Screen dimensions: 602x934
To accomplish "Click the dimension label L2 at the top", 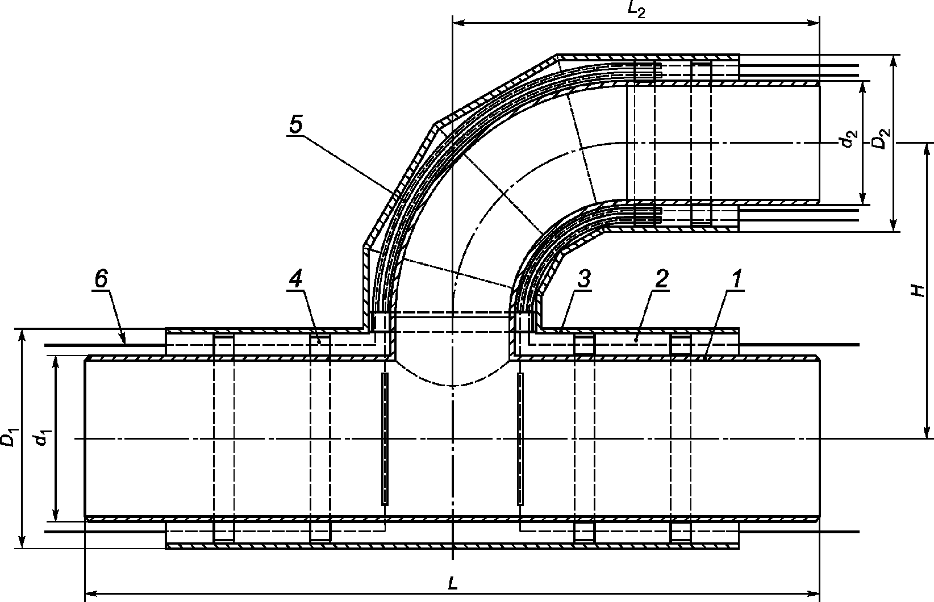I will (x=637, y=11).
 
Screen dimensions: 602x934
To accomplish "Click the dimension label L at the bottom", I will (x=453, y=583).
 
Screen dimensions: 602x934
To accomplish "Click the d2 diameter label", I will (x=849, y=139).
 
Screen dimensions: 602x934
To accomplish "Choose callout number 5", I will (x=295, y=125).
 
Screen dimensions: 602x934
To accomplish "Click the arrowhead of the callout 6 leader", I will (x=124, y=342).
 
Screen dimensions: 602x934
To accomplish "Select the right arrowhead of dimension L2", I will (x=816, y=23).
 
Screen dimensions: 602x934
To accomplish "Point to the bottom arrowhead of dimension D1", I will (x=22, y=544).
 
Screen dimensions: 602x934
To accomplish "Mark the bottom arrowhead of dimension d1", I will (x=55, y=517).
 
